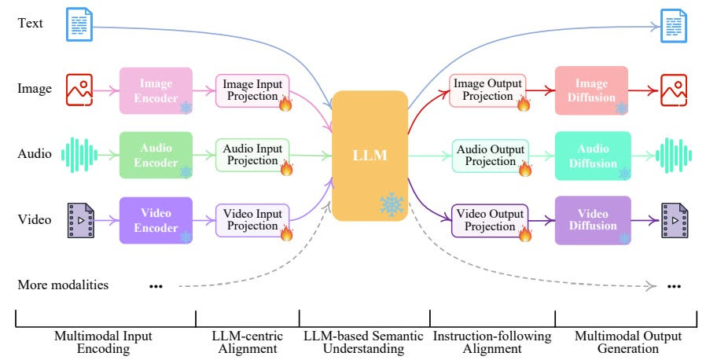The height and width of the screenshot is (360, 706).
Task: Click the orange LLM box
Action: pos(370,156)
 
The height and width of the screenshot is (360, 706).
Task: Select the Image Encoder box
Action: pos(156,90)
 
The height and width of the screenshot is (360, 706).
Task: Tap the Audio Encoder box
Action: pos(156,156)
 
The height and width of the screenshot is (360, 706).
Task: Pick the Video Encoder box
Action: pos(156,220)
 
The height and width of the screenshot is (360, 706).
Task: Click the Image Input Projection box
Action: pos(252,90)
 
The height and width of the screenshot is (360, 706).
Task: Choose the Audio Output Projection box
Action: pos(491,156)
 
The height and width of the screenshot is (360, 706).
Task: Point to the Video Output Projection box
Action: pos(490,221)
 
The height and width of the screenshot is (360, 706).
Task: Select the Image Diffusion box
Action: pos(591,90)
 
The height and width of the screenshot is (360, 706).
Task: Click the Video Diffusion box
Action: pos(593,220)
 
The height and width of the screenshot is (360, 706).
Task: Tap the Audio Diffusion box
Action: pos(593,156)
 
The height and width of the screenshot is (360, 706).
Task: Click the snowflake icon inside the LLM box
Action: pos(392,204)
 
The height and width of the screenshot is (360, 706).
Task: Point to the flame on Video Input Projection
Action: pos(286,233)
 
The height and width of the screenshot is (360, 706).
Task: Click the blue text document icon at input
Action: pos(79,24)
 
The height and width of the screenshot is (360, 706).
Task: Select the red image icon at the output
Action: pos(674,90)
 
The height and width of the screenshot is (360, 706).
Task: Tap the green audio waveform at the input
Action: pos(79,156)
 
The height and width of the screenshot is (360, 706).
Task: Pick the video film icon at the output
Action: pos(675,221)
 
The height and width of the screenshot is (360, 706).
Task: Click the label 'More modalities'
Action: pos(63,285)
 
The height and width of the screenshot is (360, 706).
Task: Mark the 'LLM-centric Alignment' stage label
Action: pos(247,343)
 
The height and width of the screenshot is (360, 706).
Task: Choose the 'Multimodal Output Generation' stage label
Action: pos(628,343)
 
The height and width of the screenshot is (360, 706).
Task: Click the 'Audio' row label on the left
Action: pos(35,154)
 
